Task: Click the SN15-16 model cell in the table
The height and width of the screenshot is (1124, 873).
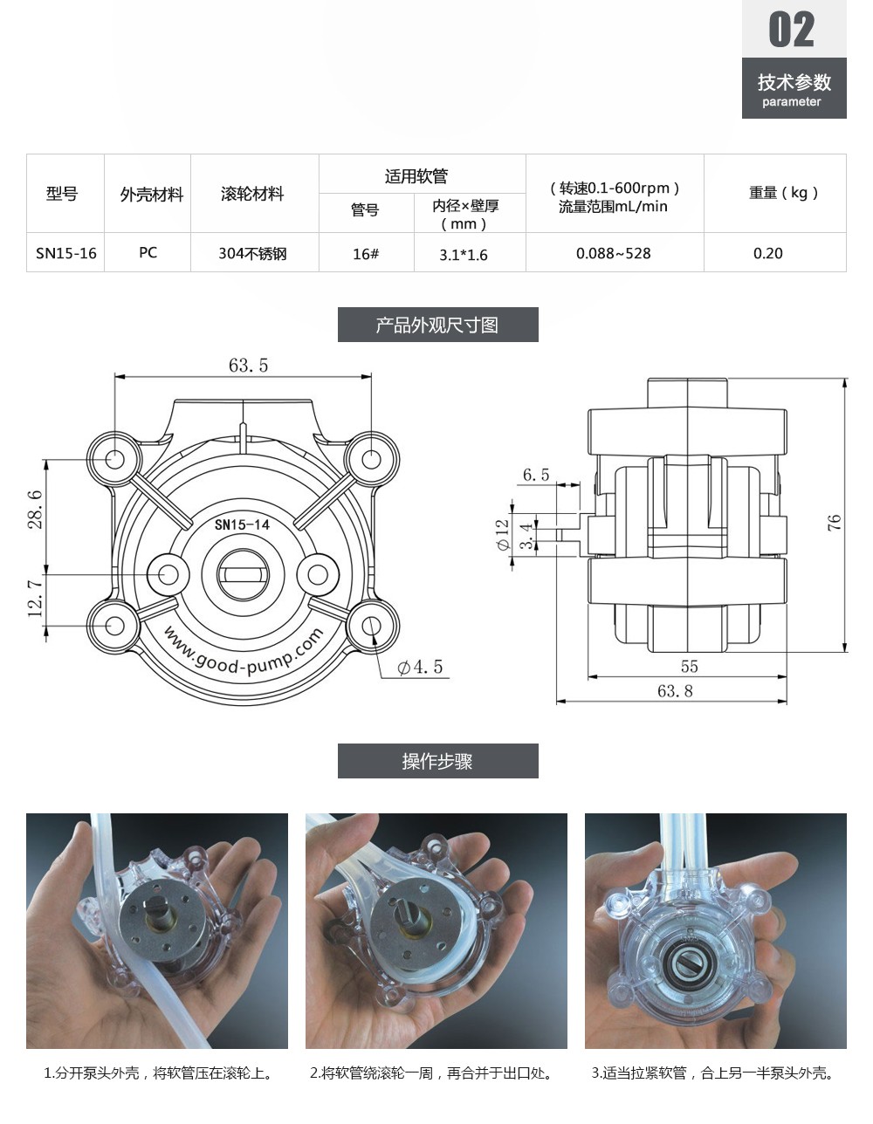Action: click(65, 253)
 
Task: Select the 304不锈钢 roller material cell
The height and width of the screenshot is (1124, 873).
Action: click(252, 253)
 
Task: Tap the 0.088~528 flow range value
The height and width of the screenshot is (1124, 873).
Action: click(613, 253)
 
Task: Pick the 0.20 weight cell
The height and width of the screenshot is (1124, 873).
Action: click(768, 253)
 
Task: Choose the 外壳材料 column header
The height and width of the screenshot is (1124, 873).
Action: click(152, 195)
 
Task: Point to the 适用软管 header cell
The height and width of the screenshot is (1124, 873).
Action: click(416, 176)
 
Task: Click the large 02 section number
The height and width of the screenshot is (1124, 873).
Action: click(792, 30)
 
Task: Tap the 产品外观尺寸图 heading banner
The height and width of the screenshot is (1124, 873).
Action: click(437, 325)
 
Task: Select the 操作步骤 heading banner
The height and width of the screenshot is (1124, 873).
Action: click(437, 761)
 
